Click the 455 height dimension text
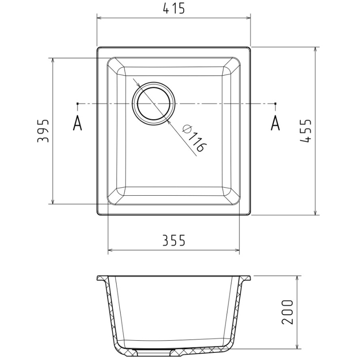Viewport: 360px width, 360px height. tap(306, 131)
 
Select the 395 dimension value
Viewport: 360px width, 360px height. tap(43, 131)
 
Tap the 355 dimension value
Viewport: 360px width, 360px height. tap(174, 240)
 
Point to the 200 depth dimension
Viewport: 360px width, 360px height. tap(288, 312)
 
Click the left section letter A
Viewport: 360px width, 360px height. tap(77, 122)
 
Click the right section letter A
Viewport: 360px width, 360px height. tap(275, 122)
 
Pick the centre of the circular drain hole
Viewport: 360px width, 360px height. tap(153, 103)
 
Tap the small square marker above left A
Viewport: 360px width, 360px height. tap(77, 103)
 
